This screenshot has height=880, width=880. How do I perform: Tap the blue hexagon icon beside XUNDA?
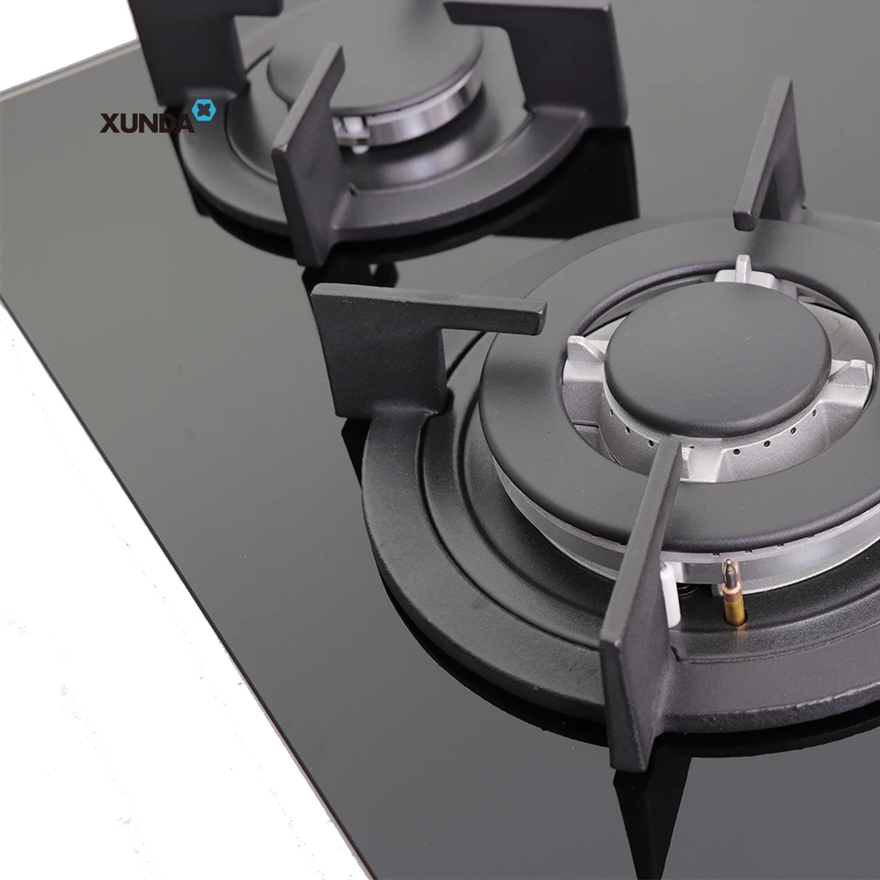(203, 111)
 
